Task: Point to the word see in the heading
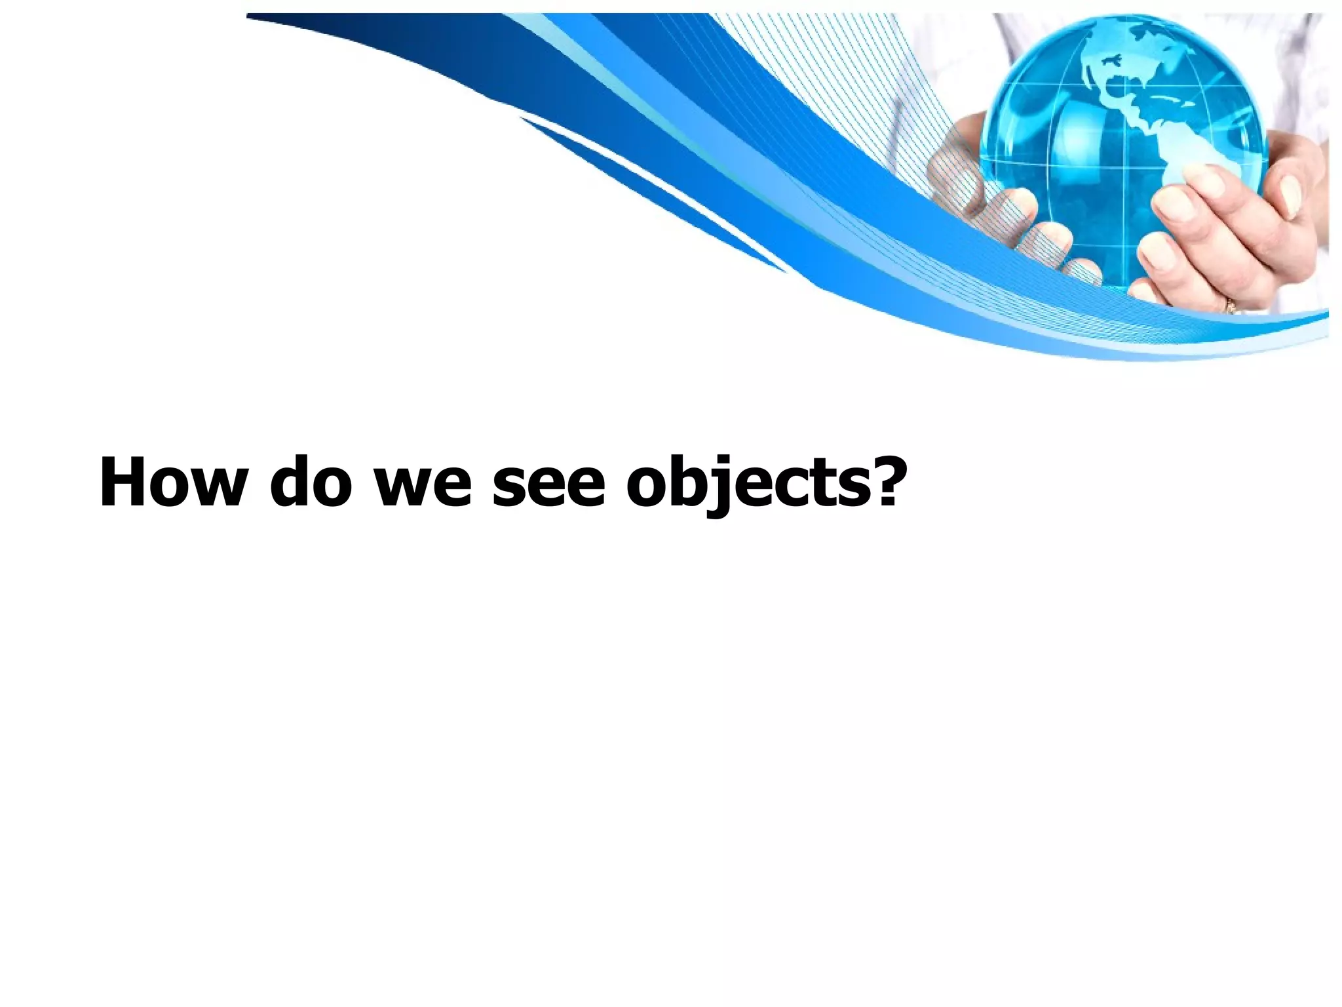[547, 488]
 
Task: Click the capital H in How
[123, 482]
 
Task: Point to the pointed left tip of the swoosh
[249, 16]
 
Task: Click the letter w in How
[213, 490]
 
